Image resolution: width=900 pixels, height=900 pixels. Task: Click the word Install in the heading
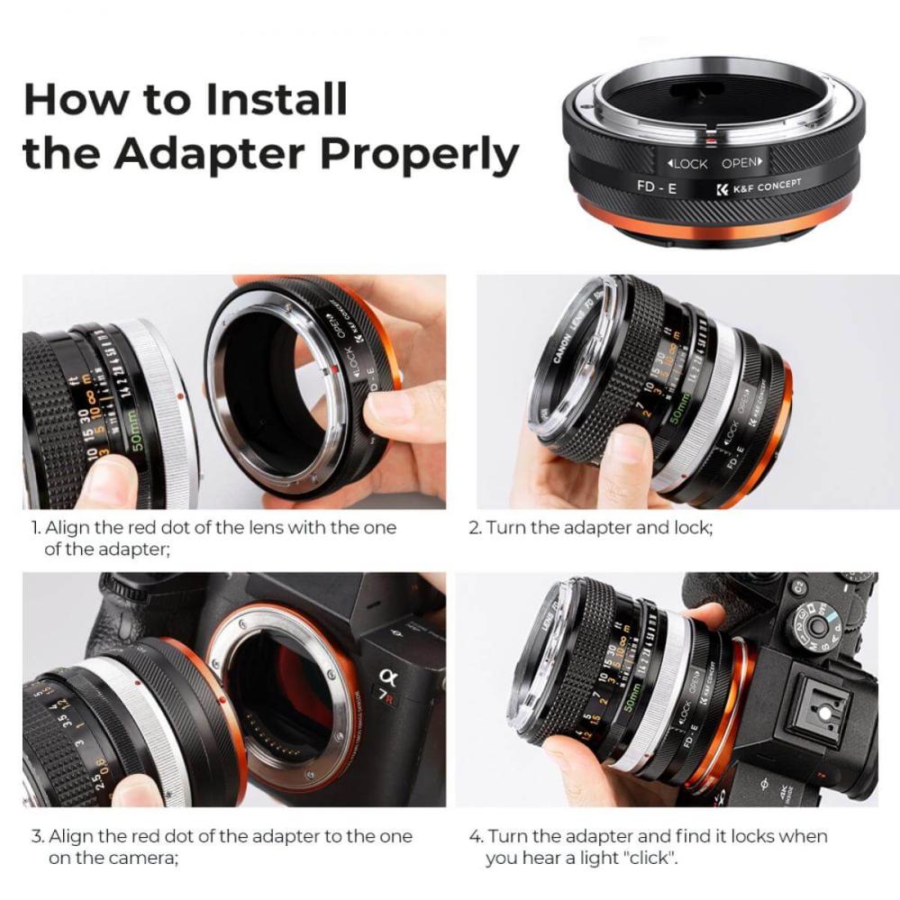(277, 99)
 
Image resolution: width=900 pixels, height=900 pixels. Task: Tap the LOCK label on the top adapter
(689, 164)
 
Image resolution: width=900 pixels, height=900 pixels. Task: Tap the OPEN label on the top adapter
(741, 164)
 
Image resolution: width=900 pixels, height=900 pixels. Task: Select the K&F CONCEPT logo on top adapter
(757, 187)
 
